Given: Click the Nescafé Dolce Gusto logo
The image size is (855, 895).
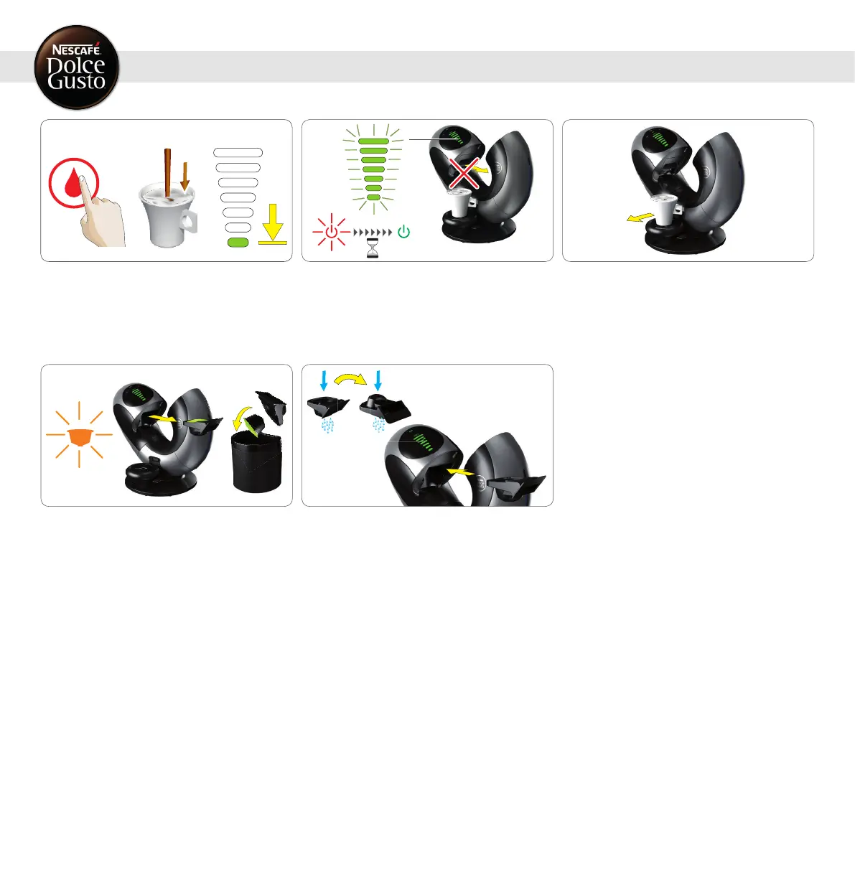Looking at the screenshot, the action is (x=77, y=67).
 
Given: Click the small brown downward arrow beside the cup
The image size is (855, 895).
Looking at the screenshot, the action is (x=185, y=176).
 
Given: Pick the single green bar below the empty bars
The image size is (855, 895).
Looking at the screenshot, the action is (x=238, y=243).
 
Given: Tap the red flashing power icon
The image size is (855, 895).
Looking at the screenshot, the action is (x=331, y=233).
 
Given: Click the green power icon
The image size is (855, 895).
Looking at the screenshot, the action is (x=404, y=232).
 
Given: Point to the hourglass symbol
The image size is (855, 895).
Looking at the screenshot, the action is (x=373, y=249).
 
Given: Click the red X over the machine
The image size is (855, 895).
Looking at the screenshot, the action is (x=464, y=174).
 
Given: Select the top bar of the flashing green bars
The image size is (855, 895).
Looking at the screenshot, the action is (x=373, y=141).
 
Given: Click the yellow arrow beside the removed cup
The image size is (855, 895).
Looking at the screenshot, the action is (x=640, y=218).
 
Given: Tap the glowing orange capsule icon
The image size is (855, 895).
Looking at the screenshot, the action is (x=79, y=434).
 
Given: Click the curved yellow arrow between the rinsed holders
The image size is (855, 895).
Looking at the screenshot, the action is (x=351, y=380).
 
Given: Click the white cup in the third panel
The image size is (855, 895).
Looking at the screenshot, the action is (x=665, y=210).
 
